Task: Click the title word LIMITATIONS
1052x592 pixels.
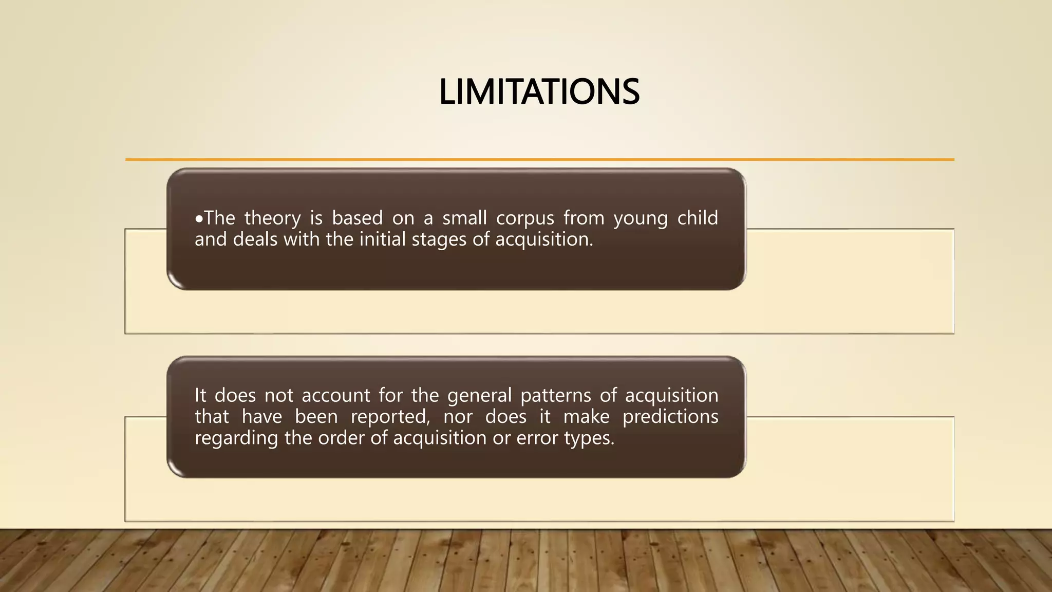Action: point(539,92)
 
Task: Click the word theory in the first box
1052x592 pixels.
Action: point(272,218)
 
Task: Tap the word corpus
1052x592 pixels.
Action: point(525,218)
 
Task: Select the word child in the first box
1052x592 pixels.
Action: point(697,218)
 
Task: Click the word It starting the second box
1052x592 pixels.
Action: point(200,395)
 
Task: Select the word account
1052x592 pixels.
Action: point(335,396)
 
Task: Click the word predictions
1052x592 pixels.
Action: point(670,417)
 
